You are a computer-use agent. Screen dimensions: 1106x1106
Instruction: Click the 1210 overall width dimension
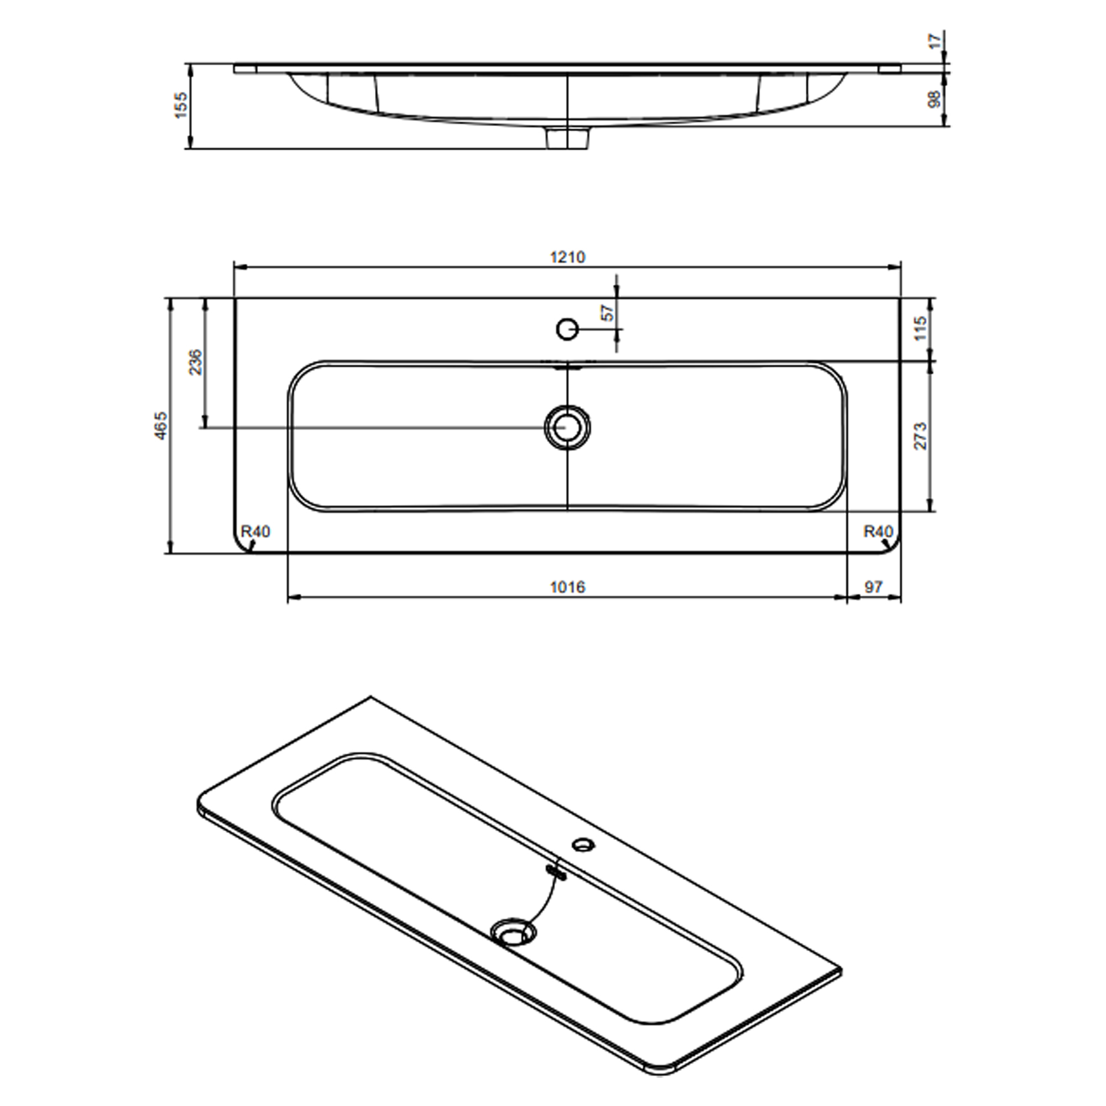pos(567,257)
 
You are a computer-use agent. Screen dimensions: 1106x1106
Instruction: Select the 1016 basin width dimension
pos(567,587)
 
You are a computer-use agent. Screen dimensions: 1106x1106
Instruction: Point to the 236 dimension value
pos(196,362)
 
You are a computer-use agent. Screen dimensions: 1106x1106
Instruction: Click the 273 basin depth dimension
pos(920,436)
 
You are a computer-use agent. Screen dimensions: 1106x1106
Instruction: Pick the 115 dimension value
pos(920,328)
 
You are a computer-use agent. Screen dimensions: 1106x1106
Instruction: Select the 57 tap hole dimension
pos(608,312)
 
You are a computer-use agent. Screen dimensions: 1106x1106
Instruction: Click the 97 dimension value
pos(874,587)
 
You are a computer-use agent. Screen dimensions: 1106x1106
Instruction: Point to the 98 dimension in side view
pos(933,99)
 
